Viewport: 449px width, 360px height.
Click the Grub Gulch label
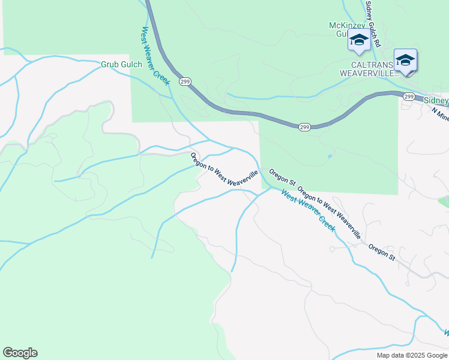121,64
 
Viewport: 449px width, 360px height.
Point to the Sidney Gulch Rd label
373,24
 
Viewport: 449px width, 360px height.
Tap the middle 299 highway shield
304,127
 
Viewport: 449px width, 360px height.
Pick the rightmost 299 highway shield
409,96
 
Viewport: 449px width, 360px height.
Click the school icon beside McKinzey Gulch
359,40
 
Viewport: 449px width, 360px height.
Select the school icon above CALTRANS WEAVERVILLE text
406,60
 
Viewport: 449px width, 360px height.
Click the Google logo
20,353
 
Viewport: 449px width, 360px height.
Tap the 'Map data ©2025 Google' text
412,355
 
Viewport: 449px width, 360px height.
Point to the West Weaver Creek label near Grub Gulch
156,55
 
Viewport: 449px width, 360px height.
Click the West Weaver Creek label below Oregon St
307,211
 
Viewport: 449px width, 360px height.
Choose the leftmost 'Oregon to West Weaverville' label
224,172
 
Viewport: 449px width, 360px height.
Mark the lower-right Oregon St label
382,252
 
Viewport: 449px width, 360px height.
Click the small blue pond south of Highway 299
330,157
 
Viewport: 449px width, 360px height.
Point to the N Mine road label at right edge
440,114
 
